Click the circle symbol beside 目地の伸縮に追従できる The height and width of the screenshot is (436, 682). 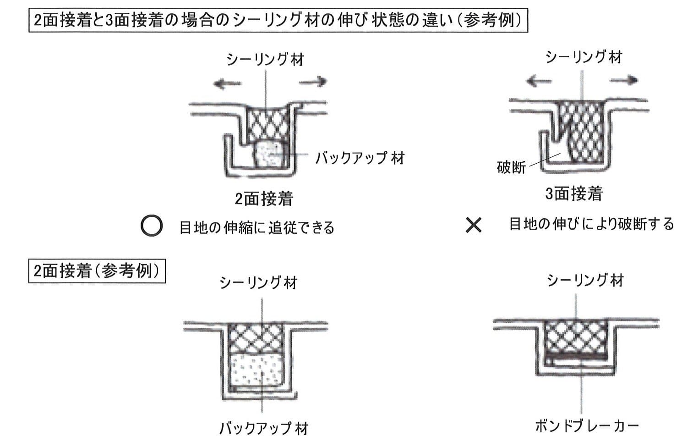coord(152,226)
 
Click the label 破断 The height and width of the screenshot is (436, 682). coord(511,167)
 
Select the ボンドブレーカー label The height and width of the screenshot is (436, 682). coord(587,425)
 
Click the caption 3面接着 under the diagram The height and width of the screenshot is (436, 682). coord(574,193)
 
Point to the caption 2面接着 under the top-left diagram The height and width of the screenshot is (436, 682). coord(264,199)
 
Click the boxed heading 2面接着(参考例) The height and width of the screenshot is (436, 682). coord(97,271)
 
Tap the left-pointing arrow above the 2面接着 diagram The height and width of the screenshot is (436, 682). coord(228,83)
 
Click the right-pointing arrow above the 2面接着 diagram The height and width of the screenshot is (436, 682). coord(313,82)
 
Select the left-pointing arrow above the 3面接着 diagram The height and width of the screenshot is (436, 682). coord(539,81)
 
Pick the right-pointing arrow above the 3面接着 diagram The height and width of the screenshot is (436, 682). coord(624,80)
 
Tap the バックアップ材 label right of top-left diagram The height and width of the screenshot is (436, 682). coord(360,158)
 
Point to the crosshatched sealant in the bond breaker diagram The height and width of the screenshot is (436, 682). coord(575,338)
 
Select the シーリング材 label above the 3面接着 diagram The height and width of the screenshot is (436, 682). coord(584,57)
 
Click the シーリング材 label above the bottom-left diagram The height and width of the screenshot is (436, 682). coord(258,282)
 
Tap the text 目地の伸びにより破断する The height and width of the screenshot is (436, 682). coord(591,224)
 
